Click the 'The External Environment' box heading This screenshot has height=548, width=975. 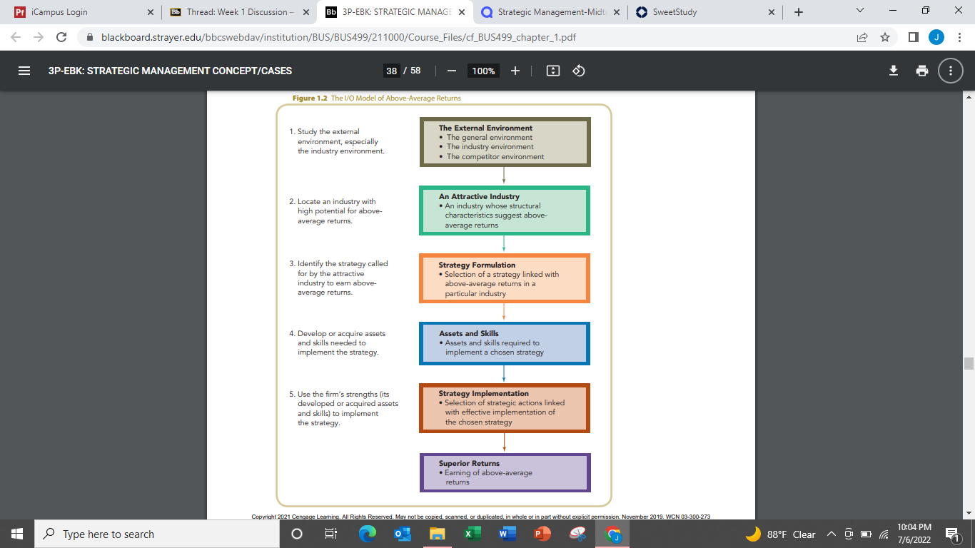click(485, 128)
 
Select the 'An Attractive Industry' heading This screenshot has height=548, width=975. click(479, 196)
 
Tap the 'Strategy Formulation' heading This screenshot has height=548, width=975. click(477, 265)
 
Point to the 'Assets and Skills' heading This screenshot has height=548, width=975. click(468, 333)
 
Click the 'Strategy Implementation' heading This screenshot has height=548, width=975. click(483, 393)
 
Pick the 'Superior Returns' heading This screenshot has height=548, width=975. click(469, 463)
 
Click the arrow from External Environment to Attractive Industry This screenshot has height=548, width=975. click(504, 175)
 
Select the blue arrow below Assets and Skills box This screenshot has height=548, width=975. click(504, 373)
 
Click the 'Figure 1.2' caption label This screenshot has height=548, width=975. click(310, 98)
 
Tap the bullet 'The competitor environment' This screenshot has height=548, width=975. click(495, 157)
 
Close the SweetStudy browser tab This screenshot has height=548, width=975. click(772, 12)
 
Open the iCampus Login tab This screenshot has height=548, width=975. click(83, 12)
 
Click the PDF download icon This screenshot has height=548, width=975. click(893, 71)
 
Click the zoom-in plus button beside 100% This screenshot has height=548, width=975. click(515, 71)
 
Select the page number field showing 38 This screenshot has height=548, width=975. click(391, 71)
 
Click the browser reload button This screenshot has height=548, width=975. click(61, 37)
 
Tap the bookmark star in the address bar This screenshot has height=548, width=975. click(884, 37)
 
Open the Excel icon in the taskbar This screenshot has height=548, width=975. click(473, 534)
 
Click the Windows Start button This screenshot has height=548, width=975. click(17, 534)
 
